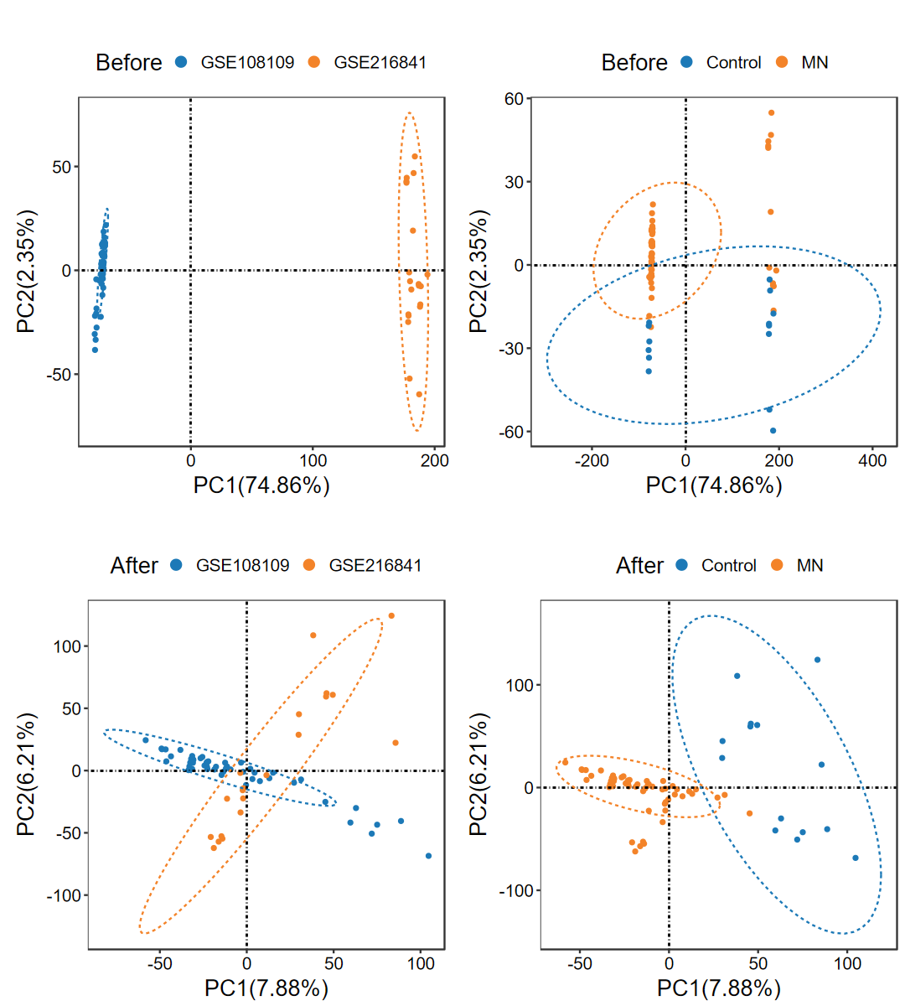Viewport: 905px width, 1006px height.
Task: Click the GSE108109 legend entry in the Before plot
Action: [x=247, y=62]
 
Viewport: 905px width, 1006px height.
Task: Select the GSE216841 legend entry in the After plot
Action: [x=375, y=565]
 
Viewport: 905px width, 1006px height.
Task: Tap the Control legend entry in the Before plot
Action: [x=733, y=62]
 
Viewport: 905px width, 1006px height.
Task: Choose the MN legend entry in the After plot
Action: [x=809, y=565]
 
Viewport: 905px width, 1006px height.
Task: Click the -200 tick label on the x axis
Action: [x=592, y=460]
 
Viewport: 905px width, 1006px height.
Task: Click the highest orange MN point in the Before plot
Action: [x=771, y=112]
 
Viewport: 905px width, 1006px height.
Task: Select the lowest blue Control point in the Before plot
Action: [x=773, y=431]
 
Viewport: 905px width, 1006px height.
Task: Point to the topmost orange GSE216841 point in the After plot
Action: [x=391, y=616]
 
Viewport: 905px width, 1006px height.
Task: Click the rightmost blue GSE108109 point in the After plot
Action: [x=428, y=856]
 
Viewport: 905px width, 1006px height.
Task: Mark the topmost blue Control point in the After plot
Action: [x=818, y=660]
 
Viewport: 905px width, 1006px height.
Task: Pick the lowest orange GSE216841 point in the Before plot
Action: [x=419, y=394]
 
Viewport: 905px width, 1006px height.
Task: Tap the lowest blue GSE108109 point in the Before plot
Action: [x=95, y=350]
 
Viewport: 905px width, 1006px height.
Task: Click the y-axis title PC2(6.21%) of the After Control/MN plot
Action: [x=478, y=775]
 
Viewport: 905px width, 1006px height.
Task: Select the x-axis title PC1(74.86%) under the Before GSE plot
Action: [x=261, y=485]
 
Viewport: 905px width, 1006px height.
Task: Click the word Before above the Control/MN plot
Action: [x=634, y=63]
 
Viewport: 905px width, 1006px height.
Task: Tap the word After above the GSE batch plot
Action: [x=134, y=566]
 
